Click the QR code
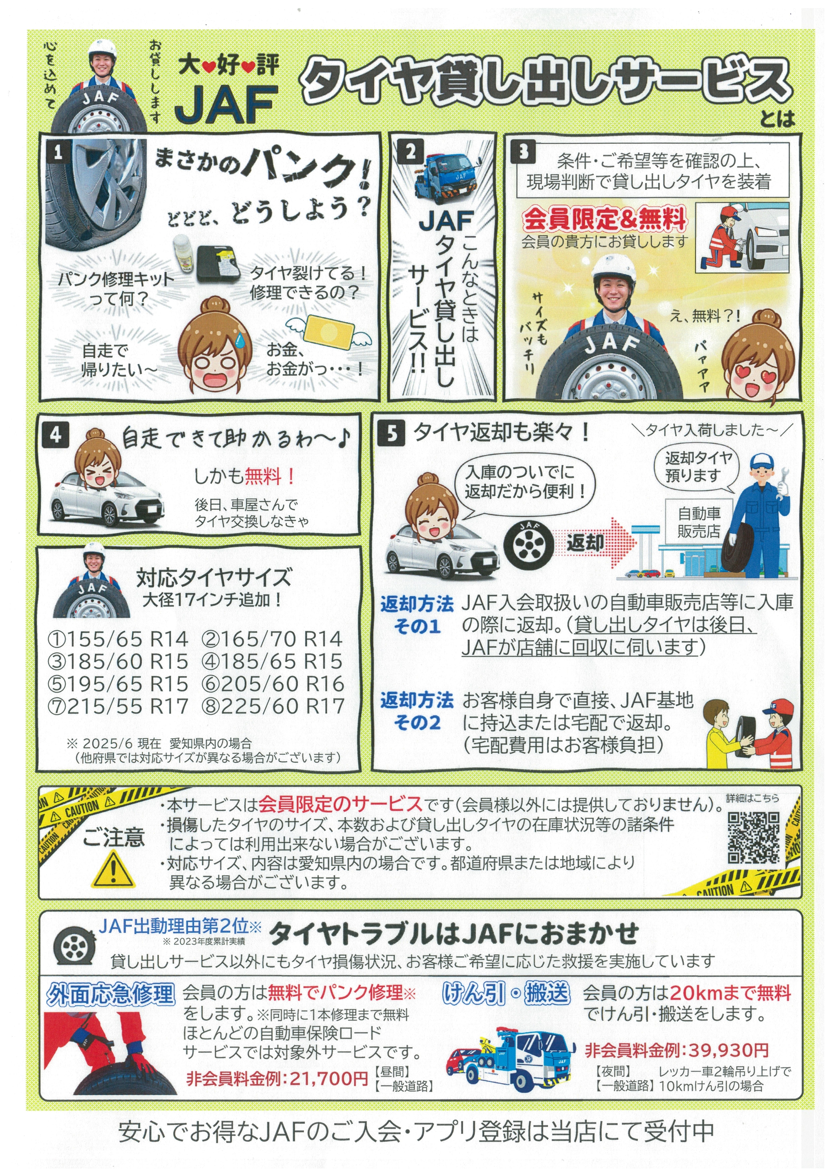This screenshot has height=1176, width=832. tap(754, 838)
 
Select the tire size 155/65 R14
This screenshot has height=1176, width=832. tap(118, 639)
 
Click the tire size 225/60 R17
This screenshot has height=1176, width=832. tap(273, 706)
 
